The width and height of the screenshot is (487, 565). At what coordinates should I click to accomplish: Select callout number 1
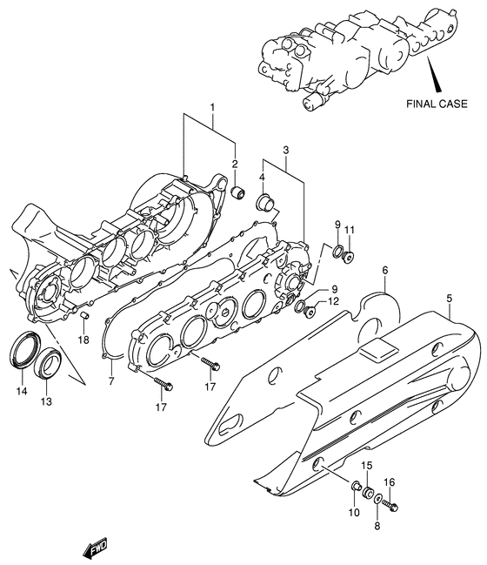coord(211,108)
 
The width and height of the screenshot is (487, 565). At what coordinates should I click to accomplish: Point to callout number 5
coord(450,299)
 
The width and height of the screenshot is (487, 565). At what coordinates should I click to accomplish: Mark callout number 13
coord(47,401)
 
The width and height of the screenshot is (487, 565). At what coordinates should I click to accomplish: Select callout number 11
coord(350,229)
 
